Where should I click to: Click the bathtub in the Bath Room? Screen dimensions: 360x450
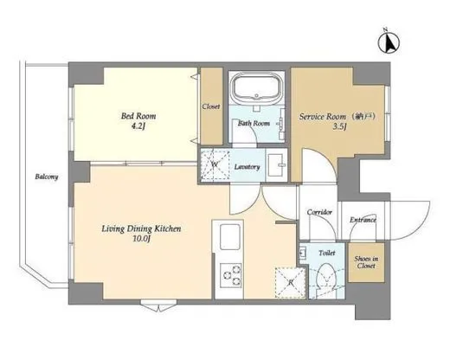pos(257,89)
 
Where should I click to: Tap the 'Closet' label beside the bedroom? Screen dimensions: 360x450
pos(210,106)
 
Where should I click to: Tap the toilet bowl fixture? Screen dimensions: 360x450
pos(325,279)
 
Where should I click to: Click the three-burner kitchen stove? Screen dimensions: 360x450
pos(232,275)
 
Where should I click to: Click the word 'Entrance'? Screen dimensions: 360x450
pos(363,220)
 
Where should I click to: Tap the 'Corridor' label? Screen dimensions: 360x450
pos(320,212)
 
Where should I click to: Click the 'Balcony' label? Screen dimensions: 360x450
pos(47,177)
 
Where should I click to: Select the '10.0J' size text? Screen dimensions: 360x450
pos(138,241)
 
